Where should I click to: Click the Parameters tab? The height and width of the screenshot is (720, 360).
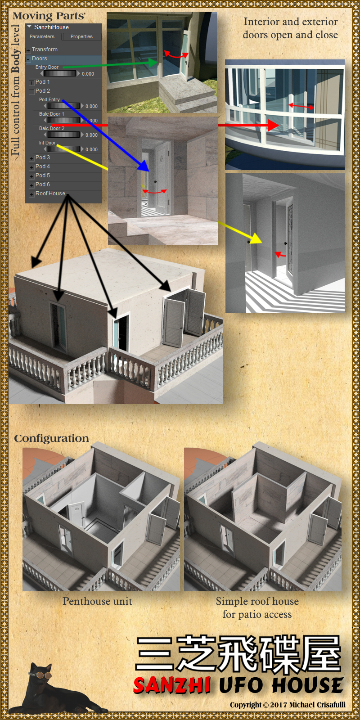point(42,36)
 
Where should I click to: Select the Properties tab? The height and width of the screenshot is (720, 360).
point(81,36)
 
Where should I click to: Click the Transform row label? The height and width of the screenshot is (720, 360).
point(45,49)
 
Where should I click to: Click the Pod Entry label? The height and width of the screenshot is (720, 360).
point(49,99)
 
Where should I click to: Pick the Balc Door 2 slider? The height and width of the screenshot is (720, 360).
point(63,135)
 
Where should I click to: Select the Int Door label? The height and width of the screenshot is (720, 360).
point(48,143)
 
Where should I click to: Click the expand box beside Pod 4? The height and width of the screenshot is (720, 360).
point(31,167)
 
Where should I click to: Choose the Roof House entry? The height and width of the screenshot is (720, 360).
point(50,193)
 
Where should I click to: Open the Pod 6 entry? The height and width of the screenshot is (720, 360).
point(42,184)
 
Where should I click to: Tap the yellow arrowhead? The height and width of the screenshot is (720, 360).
point(256,238)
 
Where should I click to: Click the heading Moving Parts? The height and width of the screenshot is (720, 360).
point(49,16)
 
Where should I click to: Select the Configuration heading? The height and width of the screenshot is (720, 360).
point(51,438)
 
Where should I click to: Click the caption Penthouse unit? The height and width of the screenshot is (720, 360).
point(97,601)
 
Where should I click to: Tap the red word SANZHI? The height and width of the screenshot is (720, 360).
point(172,685)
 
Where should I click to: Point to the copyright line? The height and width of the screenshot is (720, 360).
point(288,705)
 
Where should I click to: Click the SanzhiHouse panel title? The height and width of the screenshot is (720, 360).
point(51,27)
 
